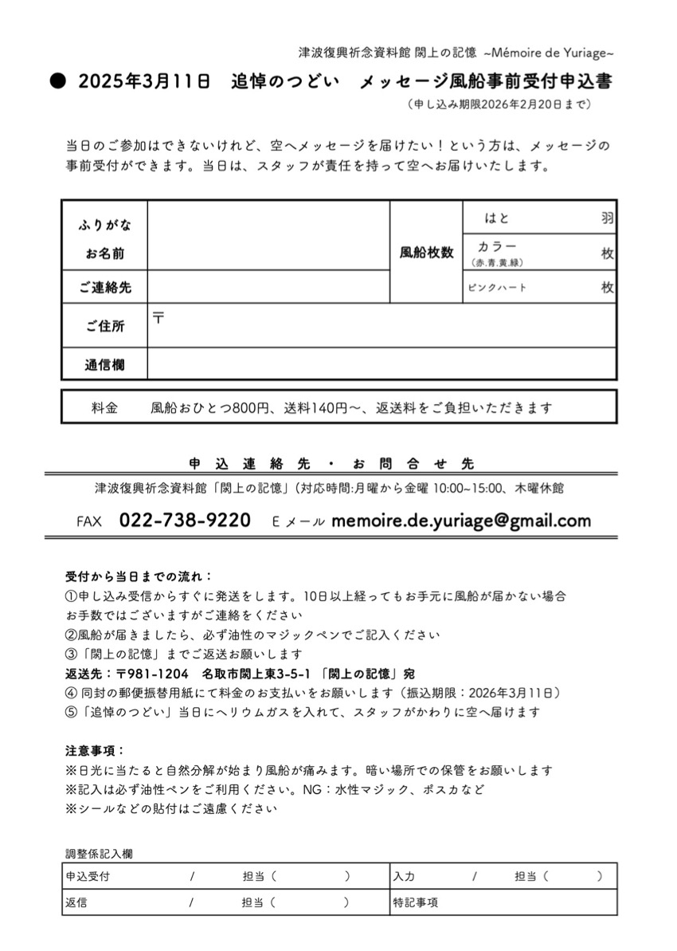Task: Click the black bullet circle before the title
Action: coord(57,81)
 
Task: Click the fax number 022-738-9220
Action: coord(185,521)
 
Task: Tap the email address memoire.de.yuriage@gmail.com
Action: coord(461,521)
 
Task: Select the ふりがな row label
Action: coord(104,226)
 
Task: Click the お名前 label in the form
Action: coord(104,255)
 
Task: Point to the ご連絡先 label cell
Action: coord(104,288)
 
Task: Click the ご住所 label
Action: coord(104,325)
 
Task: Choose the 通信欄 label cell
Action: coord(104,365)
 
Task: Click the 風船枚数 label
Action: coord(426,253)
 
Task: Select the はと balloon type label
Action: coord(497,218)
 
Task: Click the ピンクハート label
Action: coord(497,288)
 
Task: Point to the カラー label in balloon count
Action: coord(497,246)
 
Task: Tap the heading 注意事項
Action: coord(95,751)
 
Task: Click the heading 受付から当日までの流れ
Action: coord(139,576)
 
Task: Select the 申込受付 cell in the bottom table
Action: coord(88,876)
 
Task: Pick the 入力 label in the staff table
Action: coord(404,876)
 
